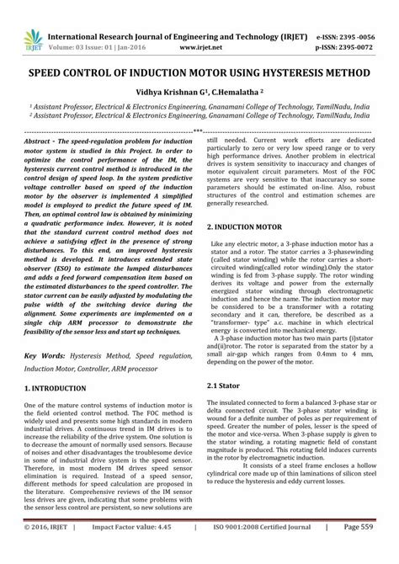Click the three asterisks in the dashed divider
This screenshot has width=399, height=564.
(x=199, y=130)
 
